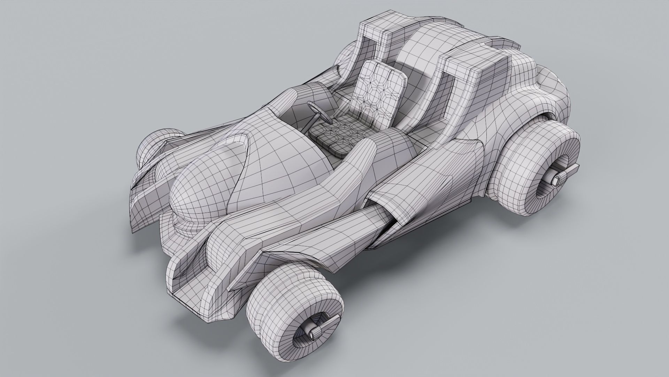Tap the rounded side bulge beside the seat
click(x=390, y=143)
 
